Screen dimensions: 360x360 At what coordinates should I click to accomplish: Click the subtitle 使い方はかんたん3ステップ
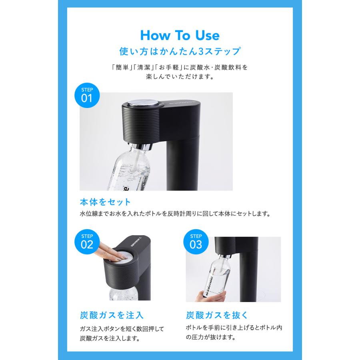click(180, 52)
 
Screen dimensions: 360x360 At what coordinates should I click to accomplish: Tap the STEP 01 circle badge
click(87, 96)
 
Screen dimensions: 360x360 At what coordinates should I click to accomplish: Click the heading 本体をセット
click(105, 202)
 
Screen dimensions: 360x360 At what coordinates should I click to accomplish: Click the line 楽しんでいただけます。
click(180, 76)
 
